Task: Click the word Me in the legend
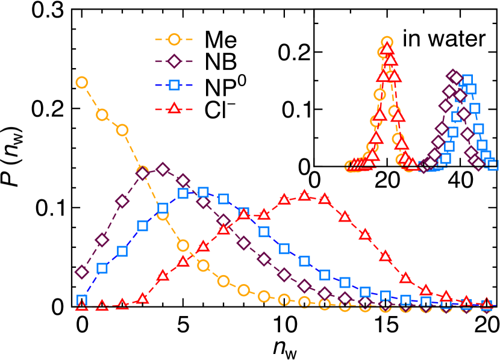(220, 40)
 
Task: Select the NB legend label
(220, 62)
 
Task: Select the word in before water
(411, 39)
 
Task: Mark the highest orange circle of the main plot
(82, 82)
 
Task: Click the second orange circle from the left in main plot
(102, 114)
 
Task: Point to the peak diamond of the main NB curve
(163, 169)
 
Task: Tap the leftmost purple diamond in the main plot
(82, 272)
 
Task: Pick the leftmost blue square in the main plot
(82, 300)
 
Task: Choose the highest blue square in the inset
(467, 81)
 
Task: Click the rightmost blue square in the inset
(492, 164)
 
